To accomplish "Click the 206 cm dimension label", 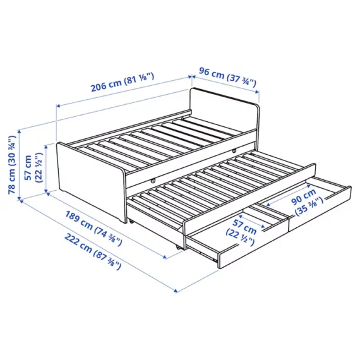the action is pos(105,85).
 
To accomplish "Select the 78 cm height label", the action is pos(12,181).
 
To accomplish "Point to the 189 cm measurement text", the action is pos(79,220).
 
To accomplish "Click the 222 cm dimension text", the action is pos(78,243).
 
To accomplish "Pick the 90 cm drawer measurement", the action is pos(304,197).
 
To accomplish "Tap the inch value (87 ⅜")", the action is pos(107,260).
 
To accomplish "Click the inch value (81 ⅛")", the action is pos(139,78).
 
